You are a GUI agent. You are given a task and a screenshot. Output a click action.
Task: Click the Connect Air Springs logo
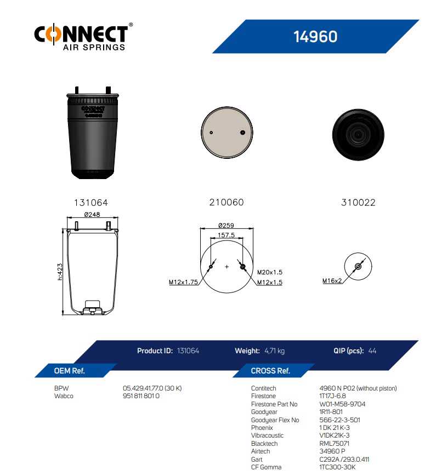click(x=83, y=37)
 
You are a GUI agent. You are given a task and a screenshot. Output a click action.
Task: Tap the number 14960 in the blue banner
click(x=315, y=37)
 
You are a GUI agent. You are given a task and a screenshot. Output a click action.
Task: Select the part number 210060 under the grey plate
click(x=227, y=202)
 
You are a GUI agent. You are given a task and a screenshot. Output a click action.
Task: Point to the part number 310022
click(x=358, y=203)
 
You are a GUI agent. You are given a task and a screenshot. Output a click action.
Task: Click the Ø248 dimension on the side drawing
click(x=92, y=215)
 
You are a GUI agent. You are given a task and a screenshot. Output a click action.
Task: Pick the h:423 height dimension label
click(x=60, y=272)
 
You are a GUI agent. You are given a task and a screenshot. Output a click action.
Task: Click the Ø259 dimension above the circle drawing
click(x=226, y=225)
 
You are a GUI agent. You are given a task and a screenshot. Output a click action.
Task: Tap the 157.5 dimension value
click(x=227, y=235)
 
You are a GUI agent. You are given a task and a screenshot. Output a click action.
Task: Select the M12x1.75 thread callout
click(x=183, y=282)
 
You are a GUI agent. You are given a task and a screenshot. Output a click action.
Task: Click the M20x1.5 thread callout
click(x=270, y=272)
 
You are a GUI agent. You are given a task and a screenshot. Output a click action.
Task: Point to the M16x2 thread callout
click(x=332, y=281)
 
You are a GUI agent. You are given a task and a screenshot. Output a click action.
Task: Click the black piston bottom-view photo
click(x=358, y=135)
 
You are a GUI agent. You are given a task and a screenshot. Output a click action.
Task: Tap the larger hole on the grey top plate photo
click(x=242, y=133)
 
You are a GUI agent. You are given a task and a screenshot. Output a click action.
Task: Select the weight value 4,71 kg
click(x=274, y=351)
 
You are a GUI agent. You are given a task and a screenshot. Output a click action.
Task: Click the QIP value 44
click(x=372, y=351)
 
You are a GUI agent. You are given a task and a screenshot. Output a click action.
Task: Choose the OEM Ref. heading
click(x=69, y=371)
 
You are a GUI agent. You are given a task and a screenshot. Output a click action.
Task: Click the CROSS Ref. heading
click(x=270, y=371)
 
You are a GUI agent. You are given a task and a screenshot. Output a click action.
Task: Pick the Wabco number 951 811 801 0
click(x=141, y=396)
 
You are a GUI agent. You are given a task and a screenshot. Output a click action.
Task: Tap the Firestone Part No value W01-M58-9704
click(x=342, y=404)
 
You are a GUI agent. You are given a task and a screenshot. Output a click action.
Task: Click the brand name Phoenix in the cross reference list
click(x=262, y=427)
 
